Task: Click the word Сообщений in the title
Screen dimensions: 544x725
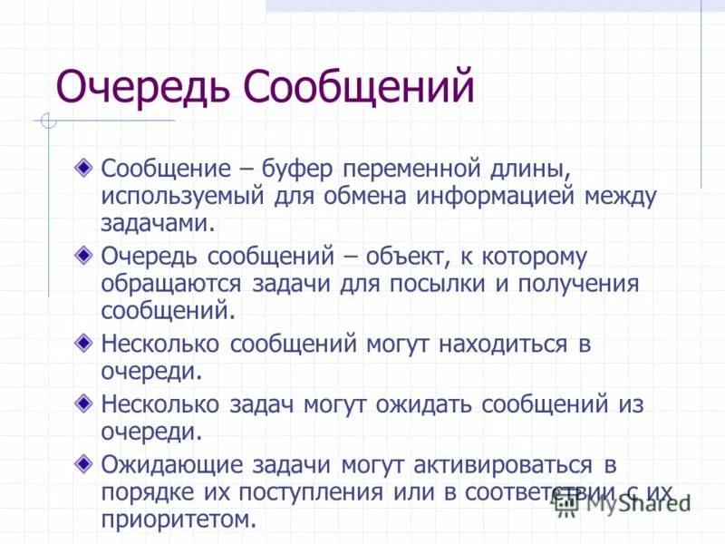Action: pos(359,88)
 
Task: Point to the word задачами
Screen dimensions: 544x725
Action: pos(158,223)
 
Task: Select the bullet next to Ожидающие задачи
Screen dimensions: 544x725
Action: pos(83,465)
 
